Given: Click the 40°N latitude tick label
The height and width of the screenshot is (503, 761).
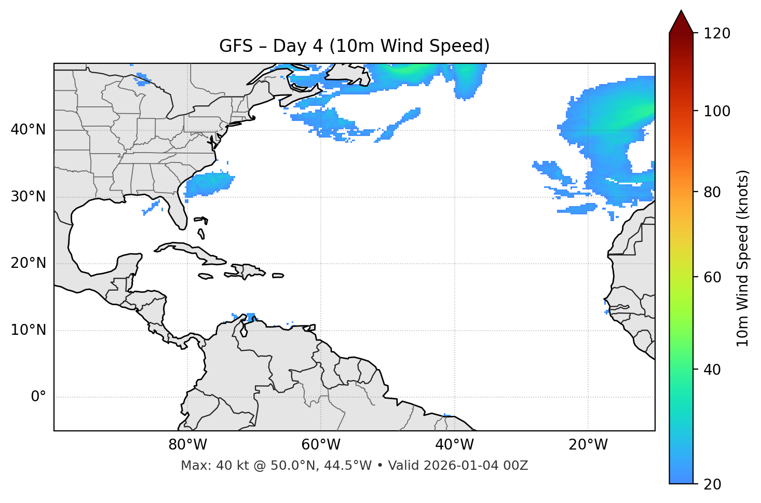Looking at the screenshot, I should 28,130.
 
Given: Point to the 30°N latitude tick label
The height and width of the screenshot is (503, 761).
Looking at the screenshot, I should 28,197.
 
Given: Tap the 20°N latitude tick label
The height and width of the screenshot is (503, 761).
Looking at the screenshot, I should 28,263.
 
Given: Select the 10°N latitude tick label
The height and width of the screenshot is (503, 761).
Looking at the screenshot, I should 28,330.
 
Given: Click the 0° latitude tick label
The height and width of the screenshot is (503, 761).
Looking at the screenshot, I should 38,397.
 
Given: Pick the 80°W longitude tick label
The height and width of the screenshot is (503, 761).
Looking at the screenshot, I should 187,445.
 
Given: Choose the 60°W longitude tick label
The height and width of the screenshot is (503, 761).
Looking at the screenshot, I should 321,445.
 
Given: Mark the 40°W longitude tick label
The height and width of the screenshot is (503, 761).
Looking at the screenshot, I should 455,445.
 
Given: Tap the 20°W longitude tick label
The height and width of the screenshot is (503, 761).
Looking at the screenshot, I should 588,445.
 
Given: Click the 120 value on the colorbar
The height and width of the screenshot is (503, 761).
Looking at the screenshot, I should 716,34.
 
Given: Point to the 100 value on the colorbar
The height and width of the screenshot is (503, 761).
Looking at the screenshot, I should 716,111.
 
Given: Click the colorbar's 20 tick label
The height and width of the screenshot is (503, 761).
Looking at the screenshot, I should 712,484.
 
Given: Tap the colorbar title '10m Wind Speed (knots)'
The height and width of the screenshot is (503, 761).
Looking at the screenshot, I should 743,258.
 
